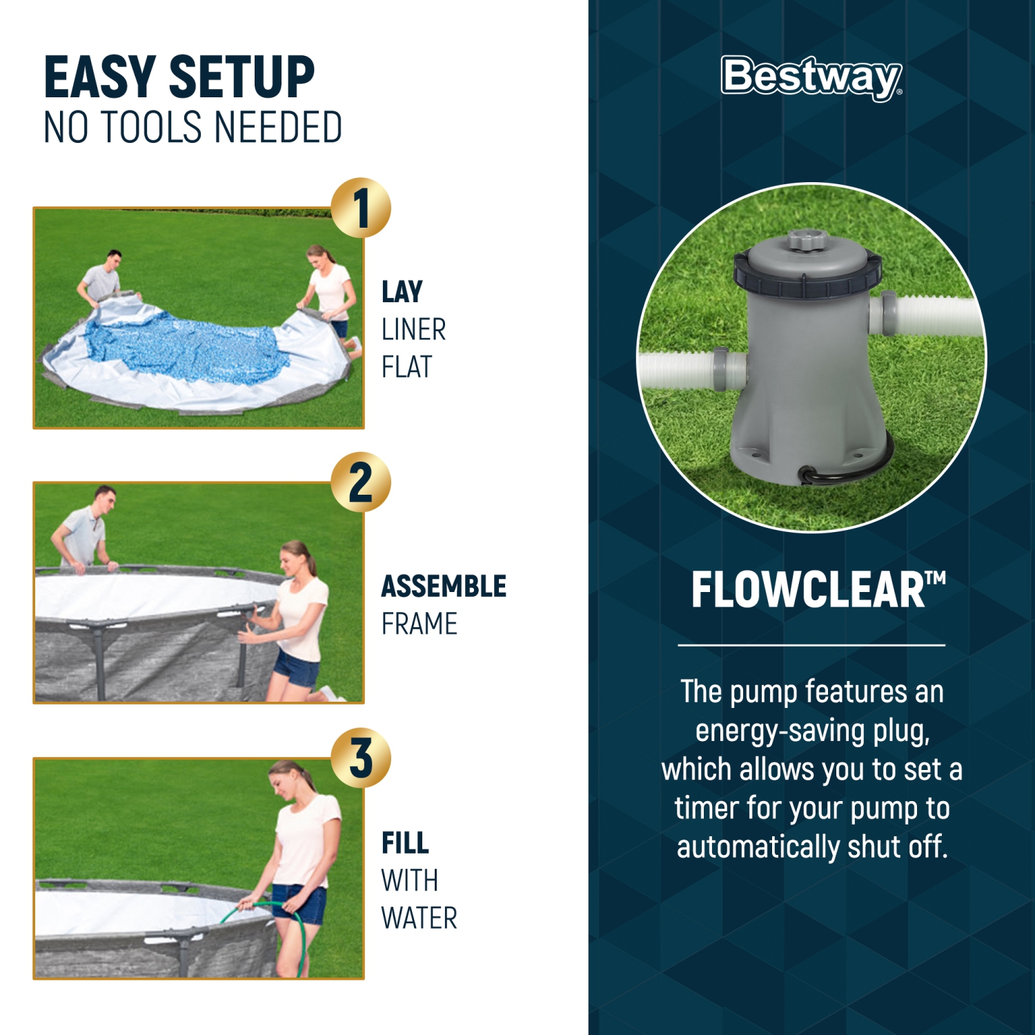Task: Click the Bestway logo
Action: pos(811,77)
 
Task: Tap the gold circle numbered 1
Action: pos(361,208)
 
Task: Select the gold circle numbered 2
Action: pos(361,482)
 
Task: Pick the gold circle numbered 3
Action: pos(361,758)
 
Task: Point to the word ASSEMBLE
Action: pos(444,586)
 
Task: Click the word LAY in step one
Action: pos(402,292)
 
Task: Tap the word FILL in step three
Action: pos(405,843)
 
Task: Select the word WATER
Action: pos(419,918)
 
